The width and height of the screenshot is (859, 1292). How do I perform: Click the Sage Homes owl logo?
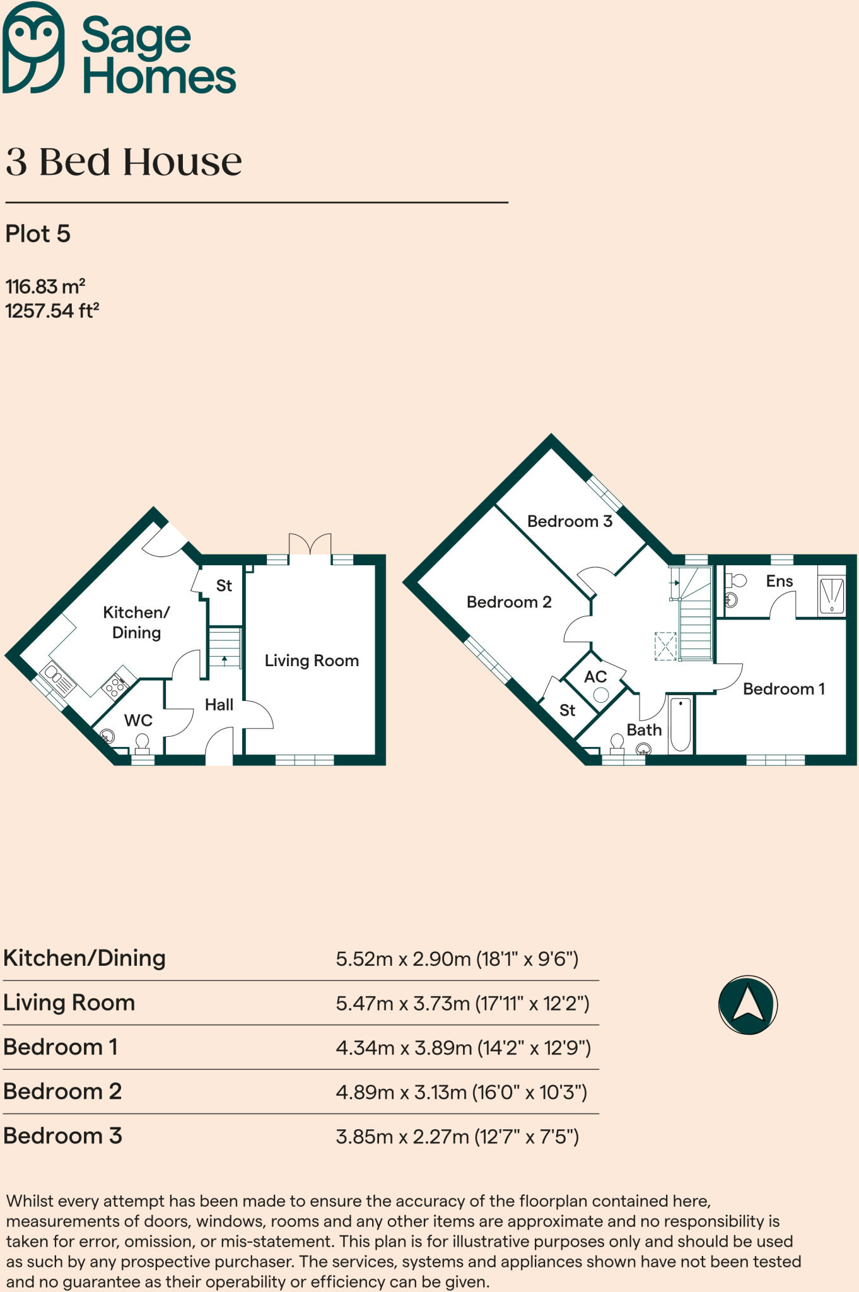pos(33,47)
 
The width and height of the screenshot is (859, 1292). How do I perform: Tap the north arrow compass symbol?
pos(748,1004)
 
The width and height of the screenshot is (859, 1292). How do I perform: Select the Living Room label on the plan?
pos(312,661)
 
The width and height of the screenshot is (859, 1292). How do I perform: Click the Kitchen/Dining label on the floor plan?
pos(136,622)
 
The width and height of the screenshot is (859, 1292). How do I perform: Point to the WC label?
pos(138,720)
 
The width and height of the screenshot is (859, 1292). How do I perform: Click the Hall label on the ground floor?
pos(219,705)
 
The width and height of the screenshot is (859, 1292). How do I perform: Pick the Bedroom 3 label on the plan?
pos(570,521)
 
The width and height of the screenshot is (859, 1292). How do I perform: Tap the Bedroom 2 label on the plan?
pos(509,602)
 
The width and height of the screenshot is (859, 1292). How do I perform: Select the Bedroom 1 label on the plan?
pos(784,689)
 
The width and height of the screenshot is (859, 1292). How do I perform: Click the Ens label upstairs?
pos(780,581)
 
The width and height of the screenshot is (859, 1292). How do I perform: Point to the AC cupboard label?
pos(595,677)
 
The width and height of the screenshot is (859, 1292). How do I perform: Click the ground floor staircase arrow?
pos(225,661)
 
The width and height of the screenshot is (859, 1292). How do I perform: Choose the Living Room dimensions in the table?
pos(462,1003)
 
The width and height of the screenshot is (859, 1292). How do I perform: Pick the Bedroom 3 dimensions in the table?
pos(457,1137)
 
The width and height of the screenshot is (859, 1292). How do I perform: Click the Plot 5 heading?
pos(38,234)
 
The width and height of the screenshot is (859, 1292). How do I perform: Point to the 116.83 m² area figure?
pos(45,286)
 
